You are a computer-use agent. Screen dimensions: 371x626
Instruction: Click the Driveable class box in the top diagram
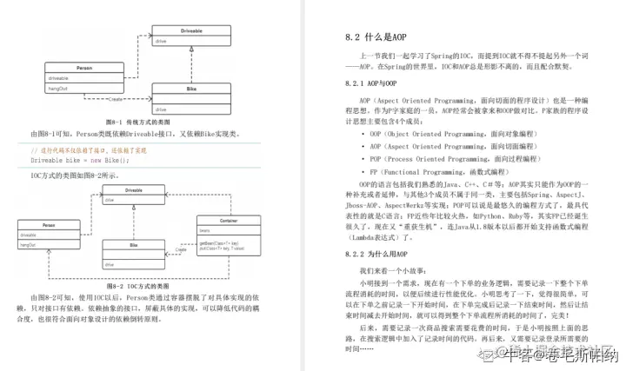(x=191, y=36)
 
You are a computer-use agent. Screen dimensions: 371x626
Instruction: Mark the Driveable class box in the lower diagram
(x=134, y=195)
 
